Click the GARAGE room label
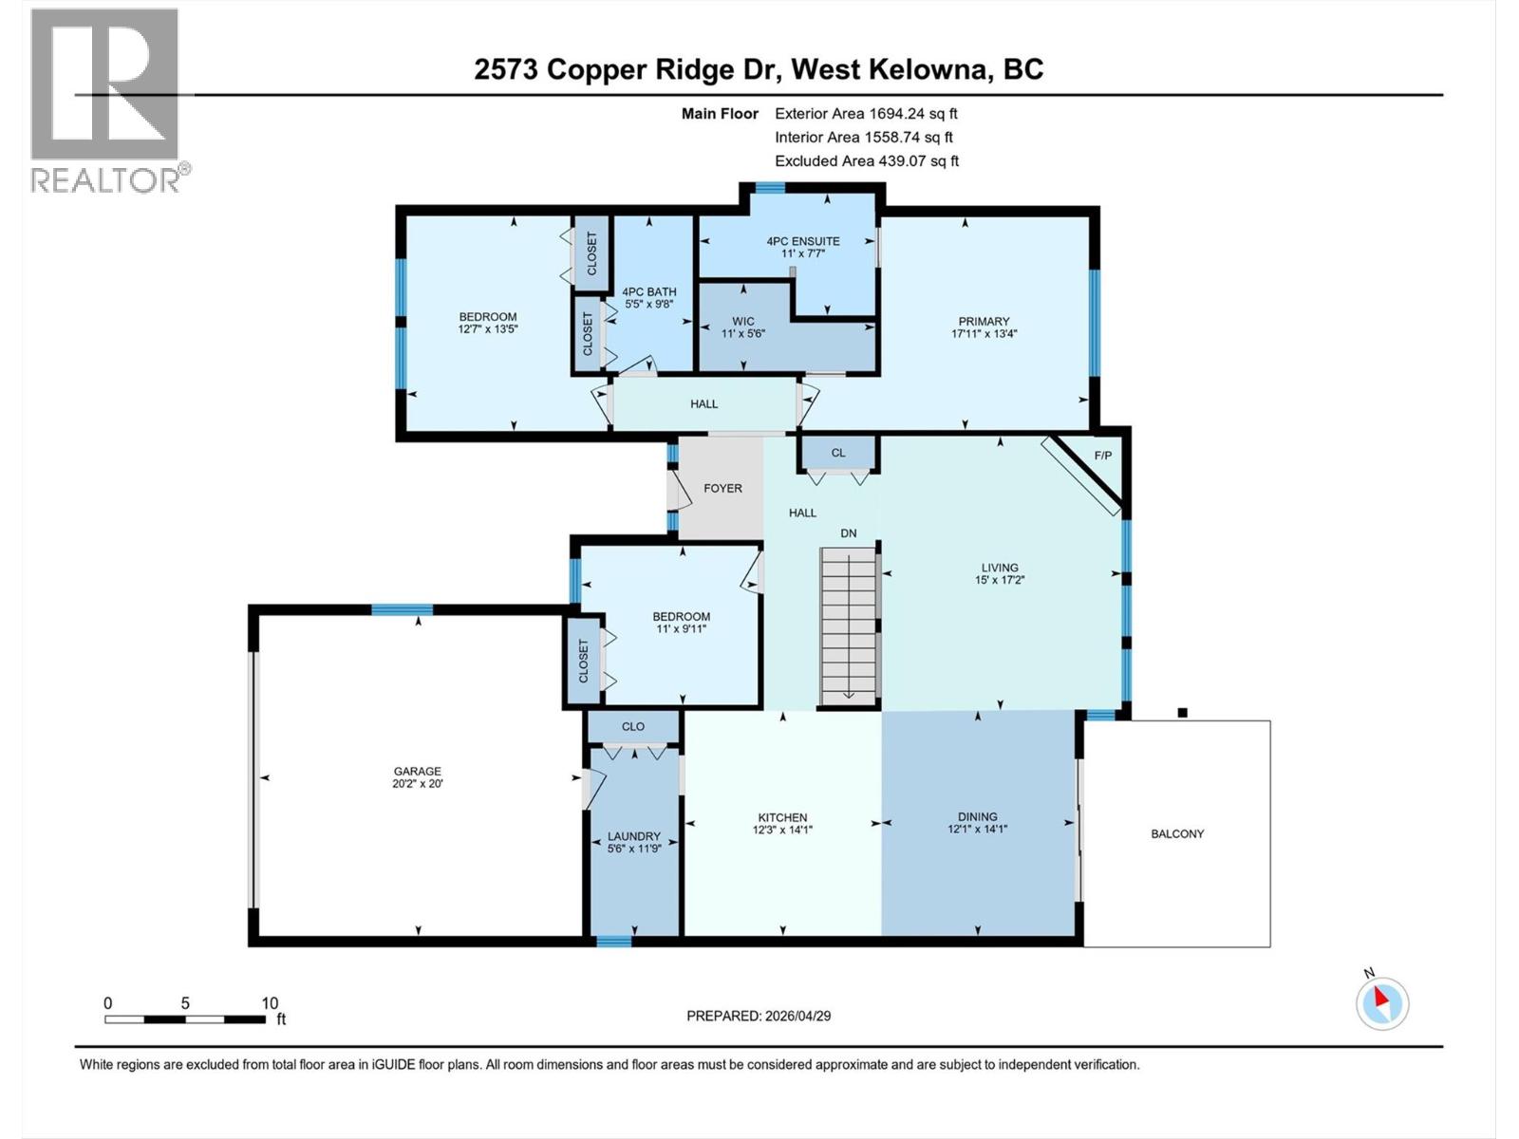[x=418, y=771]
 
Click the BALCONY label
[x=1177, y=833]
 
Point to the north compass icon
[x=1382, y=1002]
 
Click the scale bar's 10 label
[x=270, y=1003]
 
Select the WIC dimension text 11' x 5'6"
[x=743, y=334]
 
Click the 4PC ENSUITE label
[x=803, y=241]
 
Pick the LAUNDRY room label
[x=633, y=836]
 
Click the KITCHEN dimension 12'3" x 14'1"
[x=782, y=830]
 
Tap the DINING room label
[x=977, y=816]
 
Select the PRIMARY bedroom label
[x=984, y=321]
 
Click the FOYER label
[x=722, y=488]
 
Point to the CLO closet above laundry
[x=633, y=726]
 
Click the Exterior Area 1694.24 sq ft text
[x=866, y=113]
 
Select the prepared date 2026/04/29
[x=797, y=1016]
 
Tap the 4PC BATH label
[x=649, y=291]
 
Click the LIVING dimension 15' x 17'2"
[x=1000, y=580]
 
